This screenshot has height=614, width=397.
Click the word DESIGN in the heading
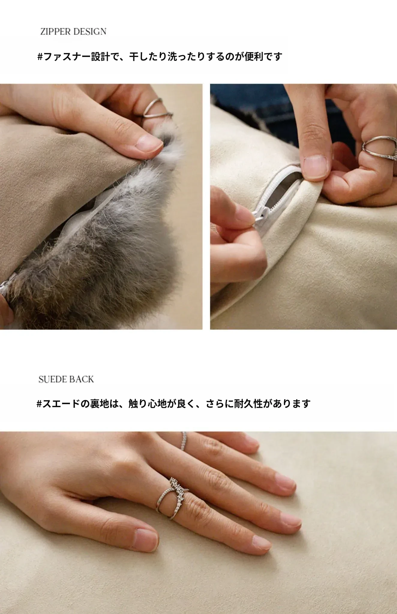coord(90,31)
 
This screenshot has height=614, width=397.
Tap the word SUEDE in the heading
coord(51,379)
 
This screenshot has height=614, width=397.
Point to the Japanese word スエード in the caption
coord(62,404)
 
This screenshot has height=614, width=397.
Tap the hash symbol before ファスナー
coord(40,56)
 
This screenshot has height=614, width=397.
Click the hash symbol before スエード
coord(39,404)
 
